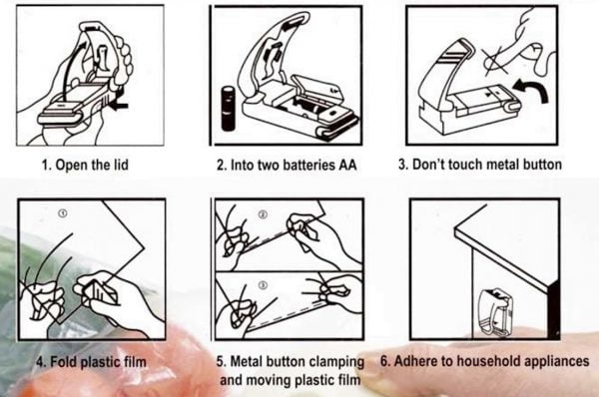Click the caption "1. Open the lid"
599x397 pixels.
click(x=85, y=165)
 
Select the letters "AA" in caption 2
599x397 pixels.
click(x=347, y=165)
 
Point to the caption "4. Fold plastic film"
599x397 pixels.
click(x=91, y=361)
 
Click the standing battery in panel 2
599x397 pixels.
click(x=229, y=109)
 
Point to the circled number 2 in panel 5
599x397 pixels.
click(x=263, y=214)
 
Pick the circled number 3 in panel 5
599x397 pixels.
click(x=262, y=285)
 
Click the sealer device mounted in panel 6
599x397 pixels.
click(x=494, y=312)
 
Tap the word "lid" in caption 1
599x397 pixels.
click(x=121, y=165)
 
